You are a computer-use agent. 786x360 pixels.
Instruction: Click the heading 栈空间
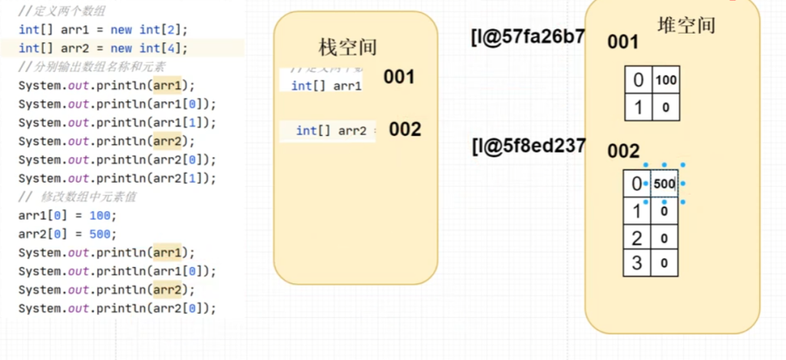(348, 47)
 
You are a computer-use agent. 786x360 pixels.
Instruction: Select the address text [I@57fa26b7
(528, 36)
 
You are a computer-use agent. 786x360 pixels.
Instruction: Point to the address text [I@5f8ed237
(528, 146)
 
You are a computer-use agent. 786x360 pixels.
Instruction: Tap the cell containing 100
(665, 80)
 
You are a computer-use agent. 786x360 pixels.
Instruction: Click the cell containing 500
(664, 184)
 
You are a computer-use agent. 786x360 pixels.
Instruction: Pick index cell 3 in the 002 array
(636, 263)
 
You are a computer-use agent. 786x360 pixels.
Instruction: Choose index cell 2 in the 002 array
(636, 237)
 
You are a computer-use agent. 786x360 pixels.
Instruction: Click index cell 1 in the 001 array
(639, 107)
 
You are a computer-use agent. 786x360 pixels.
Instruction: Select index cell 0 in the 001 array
(639, 80)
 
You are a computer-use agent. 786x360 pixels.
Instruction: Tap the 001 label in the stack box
(399, 77)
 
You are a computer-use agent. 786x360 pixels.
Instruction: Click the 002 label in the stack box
(405, 130)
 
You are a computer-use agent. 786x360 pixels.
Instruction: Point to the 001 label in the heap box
(623, 42)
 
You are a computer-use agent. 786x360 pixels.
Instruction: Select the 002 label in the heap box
(623, 151)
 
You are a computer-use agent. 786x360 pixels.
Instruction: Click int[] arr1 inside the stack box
(326, 85)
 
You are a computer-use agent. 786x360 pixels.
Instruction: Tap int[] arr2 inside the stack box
(332, 130)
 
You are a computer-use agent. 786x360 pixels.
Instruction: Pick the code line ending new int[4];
(103, 48)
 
